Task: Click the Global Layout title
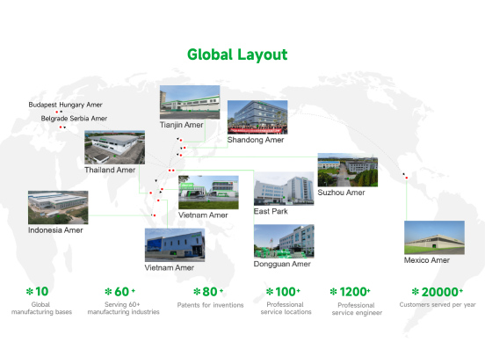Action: coord(237,55)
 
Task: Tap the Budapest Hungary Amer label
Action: coord(65,105)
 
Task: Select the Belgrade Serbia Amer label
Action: coord(74,118)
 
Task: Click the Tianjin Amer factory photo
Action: coord(190,102)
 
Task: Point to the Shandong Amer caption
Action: coord(256,140)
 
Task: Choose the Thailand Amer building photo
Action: coord(114,148)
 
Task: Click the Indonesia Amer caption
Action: coord(55,230)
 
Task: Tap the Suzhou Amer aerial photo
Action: coord(348,170)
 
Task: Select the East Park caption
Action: coord(271,211)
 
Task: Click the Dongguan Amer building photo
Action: coord(284,242)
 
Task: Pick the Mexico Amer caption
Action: coord(426,260)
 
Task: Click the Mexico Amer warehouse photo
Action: coord(434,237)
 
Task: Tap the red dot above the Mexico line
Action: coord(407,178)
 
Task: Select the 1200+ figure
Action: coord(354,292)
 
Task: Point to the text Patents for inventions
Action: coord(210,305)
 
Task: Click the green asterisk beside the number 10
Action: coord(29,291)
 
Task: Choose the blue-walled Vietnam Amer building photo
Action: coord(175,245)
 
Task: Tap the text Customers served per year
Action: coord(438,304)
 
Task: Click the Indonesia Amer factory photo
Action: coord(58,207)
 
